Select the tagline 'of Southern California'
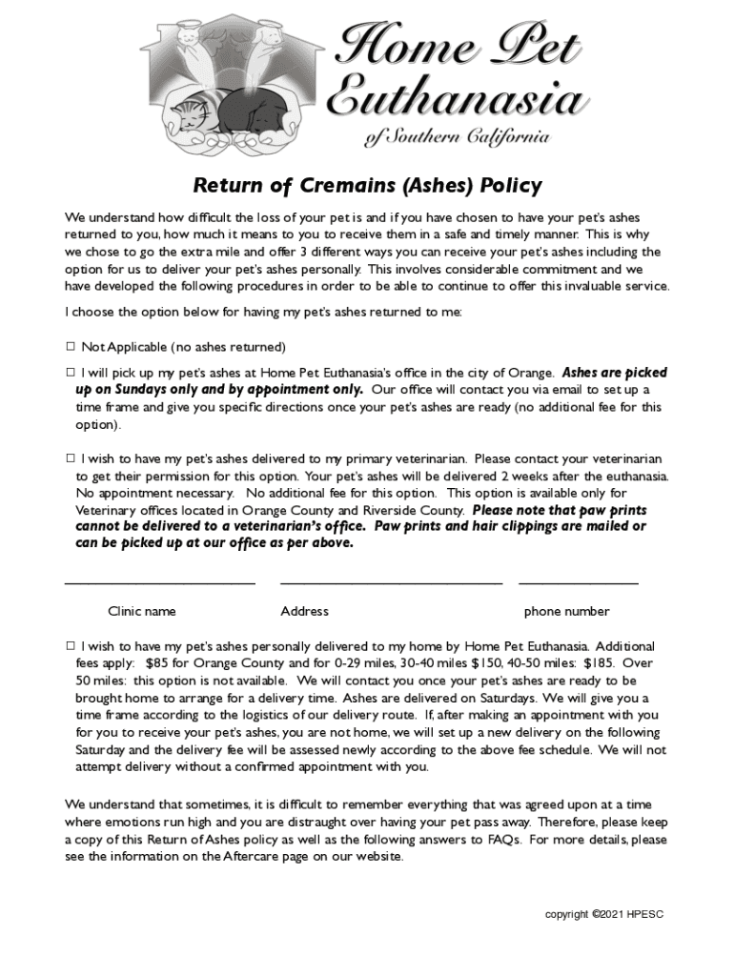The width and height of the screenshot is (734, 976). (457, 138)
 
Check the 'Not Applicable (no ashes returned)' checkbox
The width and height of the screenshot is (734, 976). (71, 347)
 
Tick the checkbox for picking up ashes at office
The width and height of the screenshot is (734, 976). (71, 373)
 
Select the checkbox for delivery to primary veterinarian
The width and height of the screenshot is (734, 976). (71, 458)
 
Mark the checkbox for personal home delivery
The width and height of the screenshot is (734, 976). (71, 646)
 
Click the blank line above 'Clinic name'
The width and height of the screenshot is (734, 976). (159, 580)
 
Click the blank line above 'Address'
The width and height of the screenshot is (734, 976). (391, 580)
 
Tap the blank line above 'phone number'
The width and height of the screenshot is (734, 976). (579, 580)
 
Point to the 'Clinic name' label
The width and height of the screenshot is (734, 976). (141, 611)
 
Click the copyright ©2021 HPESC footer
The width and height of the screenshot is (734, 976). (603, 914)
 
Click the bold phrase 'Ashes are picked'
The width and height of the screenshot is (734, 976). (615, 373)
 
